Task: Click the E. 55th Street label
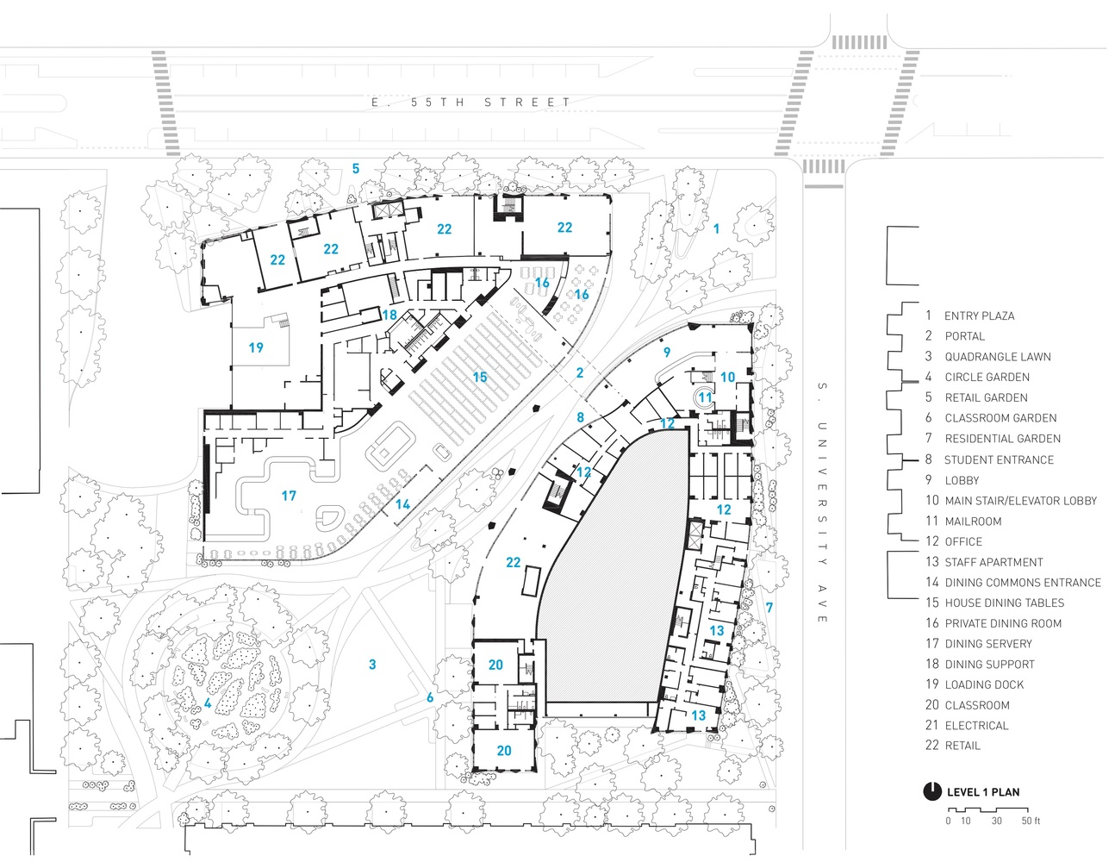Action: tap(470, 103)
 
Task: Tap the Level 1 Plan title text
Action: tap(982, 792)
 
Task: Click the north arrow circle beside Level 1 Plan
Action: tap(931, 791)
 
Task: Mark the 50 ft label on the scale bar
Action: tap(1031, 821)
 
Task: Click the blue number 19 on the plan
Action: tap(256, 347)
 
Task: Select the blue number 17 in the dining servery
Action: tap(289, 496)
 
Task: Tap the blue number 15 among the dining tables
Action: tap(480, 377)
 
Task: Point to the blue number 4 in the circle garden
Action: tap(207, 703)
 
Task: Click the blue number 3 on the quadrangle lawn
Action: tap(372, 665)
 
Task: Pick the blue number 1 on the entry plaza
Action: tap(715, 228)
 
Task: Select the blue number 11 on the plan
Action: tap(705, 397)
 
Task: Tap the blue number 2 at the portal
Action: tap(579, 372)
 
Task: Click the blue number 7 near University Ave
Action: tap(769, 607)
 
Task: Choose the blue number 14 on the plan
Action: tap(402, 504)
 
